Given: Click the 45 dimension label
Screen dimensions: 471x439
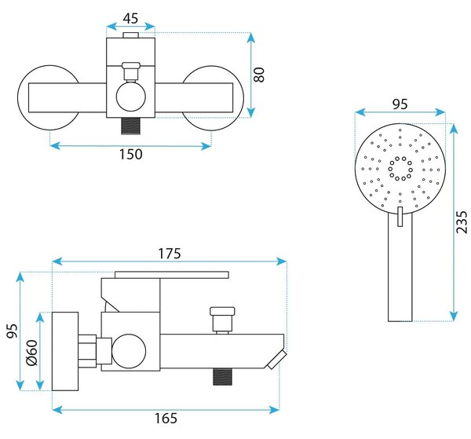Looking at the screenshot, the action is pyautogui.click(x=130, y=18).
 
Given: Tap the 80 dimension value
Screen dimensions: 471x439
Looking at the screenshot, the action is pyautogui.click(x=259, y=75).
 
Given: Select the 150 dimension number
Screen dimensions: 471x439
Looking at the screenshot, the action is pyautogui.click(x=130, y=154).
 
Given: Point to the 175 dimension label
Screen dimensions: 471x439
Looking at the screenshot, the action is pyautogui.click(x=170, y=254).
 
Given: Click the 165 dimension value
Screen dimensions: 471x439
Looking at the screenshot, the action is pyautogui.click(x=166, y=419).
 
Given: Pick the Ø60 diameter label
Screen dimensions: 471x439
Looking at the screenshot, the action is pyautogui.click(x=32, y=352).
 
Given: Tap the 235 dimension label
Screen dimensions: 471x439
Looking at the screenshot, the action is pyautogui.click(x=462, y=222).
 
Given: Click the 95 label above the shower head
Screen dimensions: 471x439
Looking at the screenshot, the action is pyautogui.click(x=400, y=104).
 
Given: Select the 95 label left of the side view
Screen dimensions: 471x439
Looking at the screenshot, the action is pyautogui.click(x=13, y=331).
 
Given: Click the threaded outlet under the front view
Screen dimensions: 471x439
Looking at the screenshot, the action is pyautogui.click(x=130, y=126).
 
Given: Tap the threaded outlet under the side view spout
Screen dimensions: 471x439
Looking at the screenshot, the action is pyautogui.click(x=223, y=377).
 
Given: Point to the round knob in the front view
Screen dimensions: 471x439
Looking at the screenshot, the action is pyautogui.click(x=130, y=97).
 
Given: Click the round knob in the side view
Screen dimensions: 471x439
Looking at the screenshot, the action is pyautogui.click(x=129, y=351).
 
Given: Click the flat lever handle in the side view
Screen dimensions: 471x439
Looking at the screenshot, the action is pyautogui.click(x=172, y=275).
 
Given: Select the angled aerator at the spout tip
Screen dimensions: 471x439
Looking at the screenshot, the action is pyautogui.click(x=276, y=360).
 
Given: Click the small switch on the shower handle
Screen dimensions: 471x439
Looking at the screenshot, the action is pyautogui.click(x=400, y=216).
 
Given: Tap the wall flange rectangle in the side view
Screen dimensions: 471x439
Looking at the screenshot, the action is pyautogui.click(x=65, y=351).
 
